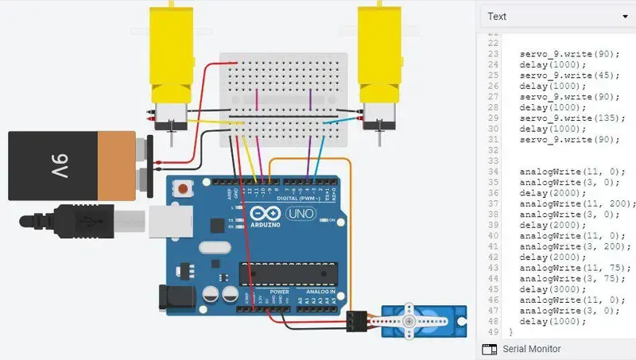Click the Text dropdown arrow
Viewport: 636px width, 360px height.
point(624,17)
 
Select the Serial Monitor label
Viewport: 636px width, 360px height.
point(531,349)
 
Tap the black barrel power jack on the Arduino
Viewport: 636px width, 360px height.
point(174,298)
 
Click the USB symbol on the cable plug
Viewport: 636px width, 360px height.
point(88,220)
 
